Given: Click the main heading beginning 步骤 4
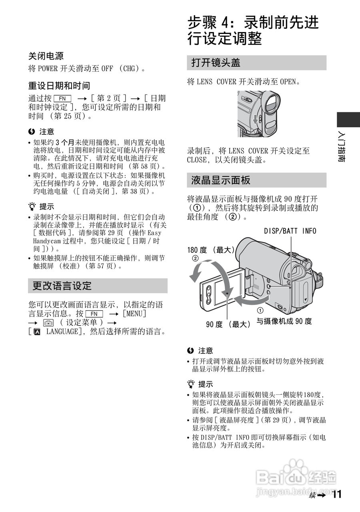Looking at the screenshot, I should [253, 30].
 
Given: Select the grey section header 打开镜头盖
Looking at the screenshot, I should [216, 63].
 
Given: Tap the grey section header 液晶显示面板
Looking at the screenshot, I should [221, 180].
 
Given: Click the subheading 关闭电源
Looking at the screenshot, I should [46, 56].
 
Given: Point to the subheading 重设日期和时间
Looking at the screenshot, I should [59, 86].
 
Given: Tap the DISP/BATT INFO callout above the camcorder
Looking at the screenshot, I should [290, 231].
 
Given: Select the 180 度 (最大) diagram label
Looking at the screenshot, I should [210, 250].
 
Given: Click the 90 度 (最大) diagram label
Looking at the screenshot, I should [228, 324].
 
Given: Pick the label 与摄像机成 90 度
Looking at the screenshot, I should [284, 321].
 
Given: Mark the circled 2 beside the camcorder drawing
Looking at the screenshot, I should [195, 258].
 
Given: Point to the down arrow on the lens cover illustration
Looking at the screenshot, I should [255, 118].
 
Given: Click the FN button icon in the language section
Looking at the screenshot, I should [94, 314].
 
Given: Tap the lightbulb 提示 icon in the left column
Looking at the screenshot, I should [32, 207].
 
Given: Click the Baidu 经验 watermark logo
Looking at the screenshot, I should [296, 477].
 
